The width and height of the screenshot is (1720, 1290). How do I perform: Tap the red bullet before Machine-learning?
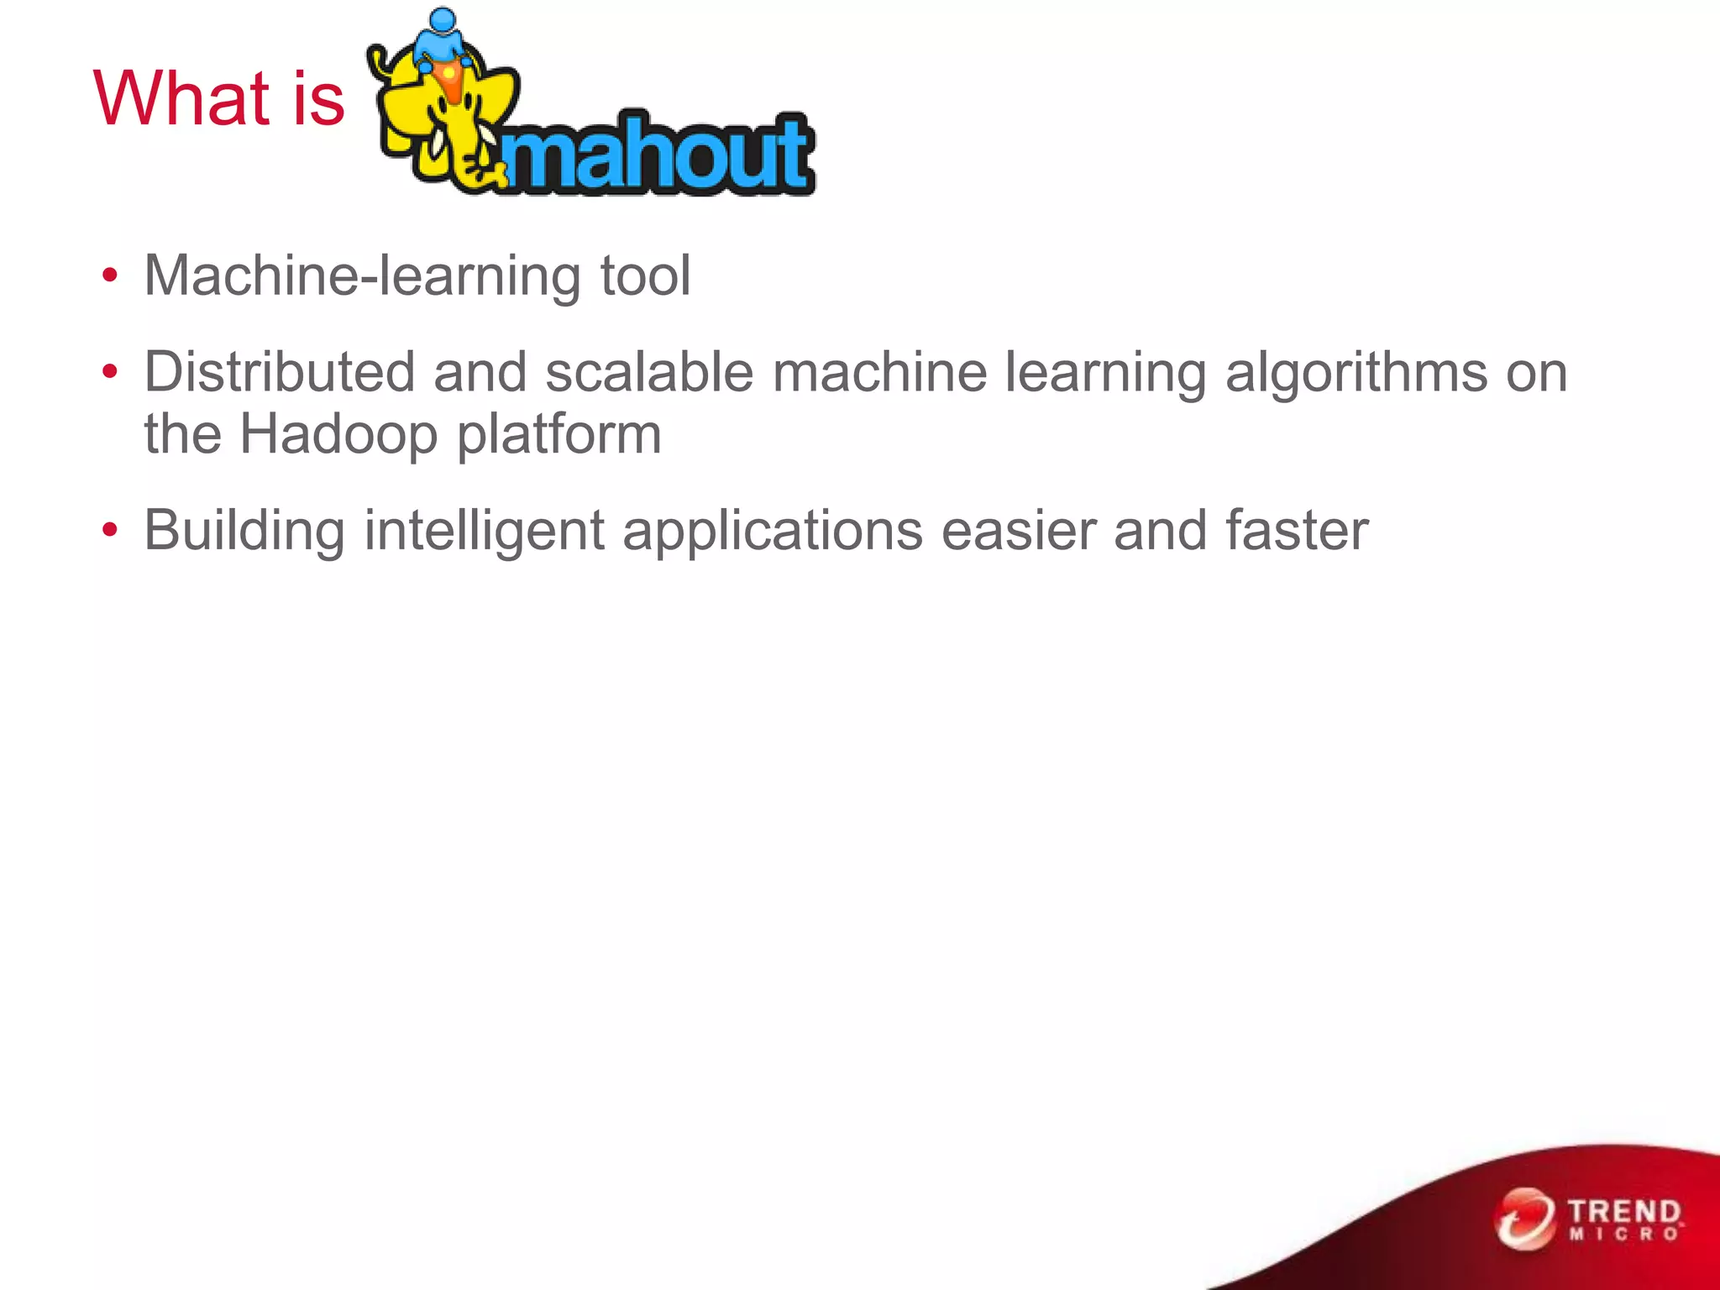[109, 276]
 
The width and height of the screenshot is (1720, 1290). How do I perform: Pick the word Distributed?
[280, 372]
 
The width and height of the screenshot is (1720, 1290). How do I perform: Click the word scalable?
[649, 372]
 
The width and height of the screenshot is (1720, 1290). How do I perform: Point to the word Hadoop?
[338, 435]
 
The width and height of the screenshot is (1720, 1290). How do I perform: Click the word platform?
[559, 435]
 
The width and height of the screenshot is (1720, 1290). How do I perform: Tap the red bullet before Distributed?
[109, 372]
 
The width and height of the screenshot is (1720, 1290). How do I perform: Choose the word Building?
[244, 531]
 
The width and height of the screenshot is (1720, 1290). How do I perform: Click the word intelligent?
[484, 531]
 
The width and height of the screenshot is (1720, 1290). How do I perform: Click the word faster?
[1297, 531]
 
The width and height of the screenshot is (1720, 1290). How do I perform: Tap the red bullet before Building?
[109, 531]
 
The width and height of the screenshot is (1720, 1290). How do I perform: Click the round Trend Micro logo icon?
[1524, 1219]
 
